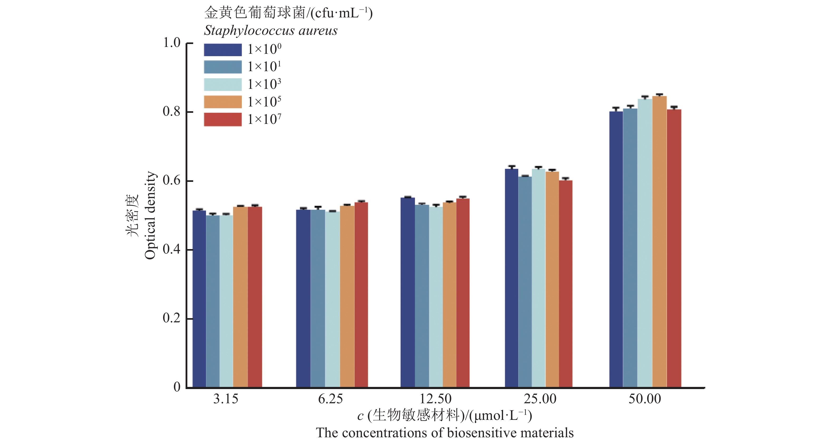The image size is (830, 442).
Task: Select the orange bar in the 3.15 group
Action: click(x=240, y=297)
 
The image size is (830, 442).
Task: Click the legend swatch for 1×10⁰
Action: click(x=223, y=50)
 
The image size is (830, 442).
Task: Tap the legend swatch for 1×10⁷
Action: click(x=223, y=120)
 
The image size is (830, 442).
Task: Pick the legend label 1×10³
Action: click(x=264, y=84)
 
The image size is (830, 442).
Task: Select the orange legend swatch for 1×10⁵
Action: click(x=223, y=102)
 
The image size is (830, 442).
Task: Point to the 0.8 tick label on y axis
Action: click(x=172, y=111)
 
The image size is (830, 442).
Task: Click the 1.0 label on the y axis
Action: click(x=172, y=42)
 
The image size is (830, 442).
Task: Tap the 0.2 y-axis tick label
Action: click(x=172, y=318)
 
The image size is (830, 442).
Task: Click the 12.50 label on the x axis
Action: click(x=435, y=399)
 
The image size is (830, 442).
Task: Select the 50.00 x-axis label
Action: click(x=645, y=399)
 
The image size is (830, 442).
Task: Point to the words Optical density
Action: click(x=150, y=215)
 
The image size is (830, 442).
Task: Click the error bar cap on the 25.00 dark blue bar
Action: click(x=512, y=166)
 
